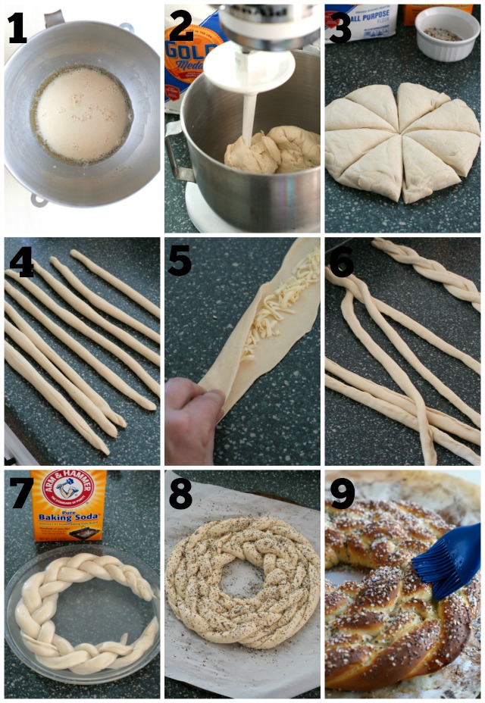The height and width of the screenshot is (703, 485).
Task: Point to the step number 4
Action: (x=20, y=262)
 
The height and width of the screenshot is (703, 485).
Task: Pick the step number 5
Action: (x=180, y=261)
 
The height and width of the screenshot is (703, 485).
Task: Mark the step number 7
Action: (x=20, y=494)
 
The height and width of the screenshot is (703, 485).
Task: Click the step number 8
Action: (x=181, y=494)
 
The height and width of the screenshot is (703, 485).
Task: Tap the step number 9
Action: (x=343, y=494)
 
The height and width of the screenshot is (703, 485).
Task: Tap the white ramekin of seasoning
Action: (x=446, y=32)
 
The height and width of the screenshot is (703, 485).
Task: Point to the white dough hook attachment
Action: (x=249, y=98)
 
